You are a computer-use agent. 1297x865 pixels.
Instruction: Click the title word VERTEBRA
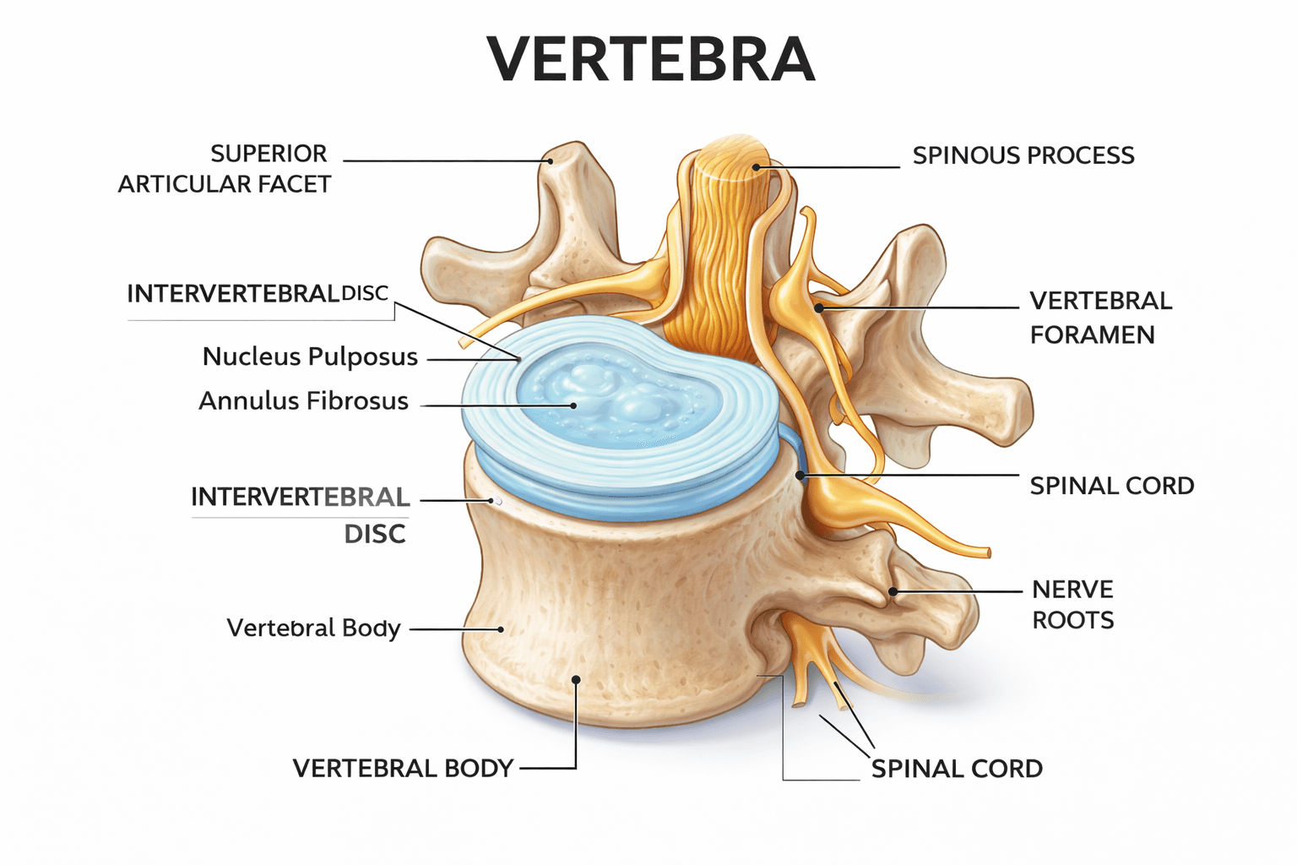(x=651, y=60)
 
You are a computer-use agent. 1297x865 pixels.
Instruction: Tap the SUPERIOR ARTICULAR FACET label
(x=225, y=169)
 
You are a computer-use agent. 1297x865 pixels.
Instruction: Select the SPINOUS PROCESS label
(x=1023, y=155)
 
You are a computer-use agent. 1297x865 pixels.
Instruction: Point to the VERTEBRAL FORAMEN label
(x=1100, y=318)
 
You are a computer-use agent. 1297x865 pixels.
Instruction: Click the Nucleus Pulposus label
(x=310, y=357)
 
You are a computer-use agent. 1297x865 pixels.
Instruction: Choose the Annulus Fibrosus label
(x=303, y=401)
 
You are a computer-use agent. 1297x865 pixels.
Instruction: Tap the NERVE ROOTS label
(x=1072, y=605)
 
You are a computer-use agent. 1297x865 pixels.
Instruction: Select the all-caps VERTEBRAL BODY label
(x=403, y=769)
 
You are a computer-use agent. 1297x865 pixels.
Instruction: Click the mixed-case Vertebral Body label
(x=313, y=628)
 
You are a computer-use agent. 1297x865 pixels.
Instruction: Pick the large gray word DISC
(x=375, y=534)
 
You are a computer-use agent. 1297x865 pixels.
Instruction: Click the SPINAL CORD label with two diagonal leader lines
(x=957, y=769)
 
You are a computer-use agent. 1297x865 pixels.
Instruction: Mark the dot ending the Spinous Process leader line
(x=757, y=167)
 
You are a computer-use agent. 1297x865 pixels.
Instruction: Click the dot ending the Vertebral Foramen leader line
(x=818, y=308)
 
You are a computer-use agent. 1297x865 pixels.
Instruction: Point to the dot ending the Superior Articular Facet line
(x=549, y=160)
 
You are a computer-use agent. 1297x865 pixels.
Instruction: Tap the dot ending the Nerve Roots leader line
(x=893, y=592)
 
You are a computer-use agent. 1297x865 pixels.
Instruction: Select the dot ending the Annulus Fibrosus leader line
(x=573, y=405)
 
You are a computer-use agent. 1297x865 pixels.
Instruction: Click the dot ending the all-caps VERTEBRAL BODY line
(x=576, y=679)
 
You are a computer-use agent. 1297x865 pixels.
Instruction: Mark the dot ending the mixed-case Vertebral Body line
(x=501, y=629)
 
